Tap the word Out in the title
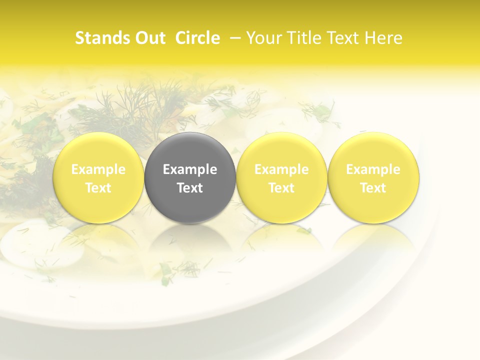[149, 38]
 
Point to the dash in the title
[233, 38]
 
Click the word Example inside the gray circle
[190, 169]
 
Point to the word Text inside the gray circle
[190, 188]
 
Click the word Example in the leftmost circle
[98, 169]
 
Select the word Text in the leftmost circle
[98, 188]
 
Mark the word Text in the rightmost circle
[373, 188]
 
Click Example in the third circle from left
[281, 169]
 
